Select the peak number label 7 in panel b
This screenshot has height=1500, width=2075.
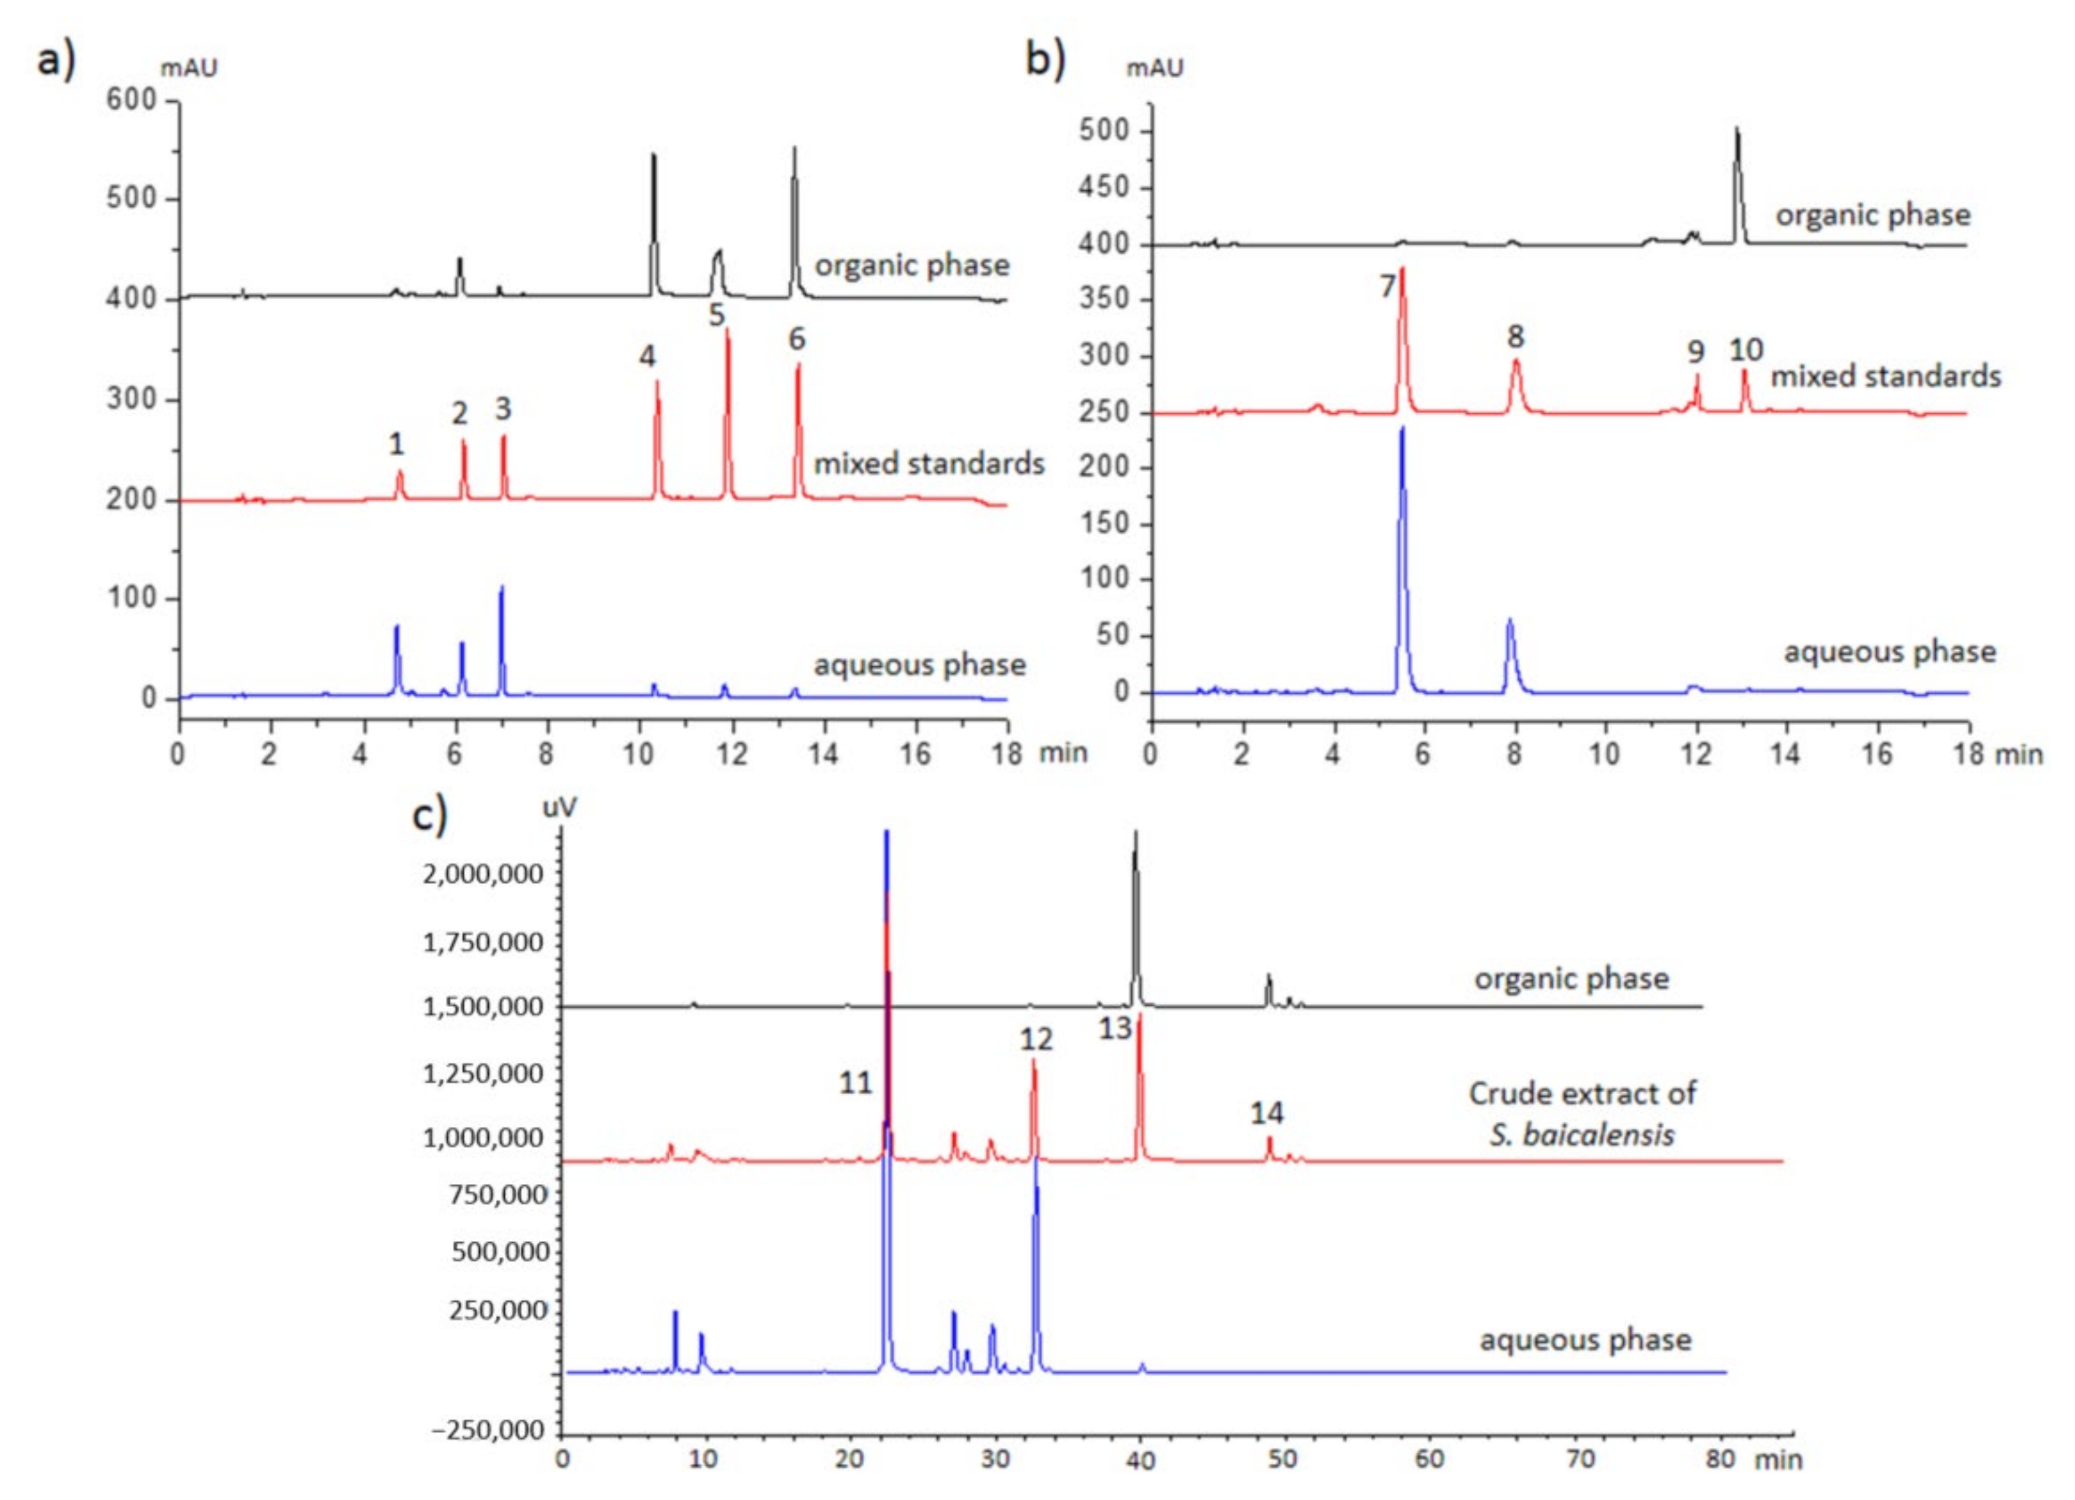tap(1387, 287)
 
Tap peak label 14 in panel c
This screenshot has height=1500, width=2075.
tap(1267, 1113)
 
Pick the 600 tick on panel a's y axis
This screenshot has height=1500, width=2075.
tap(131, 100)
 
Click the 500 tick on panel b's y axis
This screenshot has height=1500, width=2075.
tap(1104, 131)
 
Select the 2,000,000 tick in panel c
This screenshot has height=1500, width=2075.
tap(482, 874)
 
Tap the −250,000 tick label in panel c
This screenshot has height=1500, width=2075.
tap(488, 1430)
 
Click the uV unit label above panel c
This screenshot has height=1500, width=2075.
tap(560, 807)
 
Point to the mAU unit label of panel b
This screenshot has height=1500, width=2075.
tap(1155, 68)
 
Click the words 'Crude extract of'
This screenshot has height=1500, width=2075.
tap(1582, 1093)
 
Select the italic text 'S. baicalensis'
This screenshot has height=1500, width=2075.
tap(1582, 1135)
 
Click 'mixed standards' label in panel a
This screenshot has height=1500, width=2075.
tap(928, 463)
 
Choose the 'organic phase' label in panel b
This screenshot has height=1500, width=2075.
tap(1873, 215)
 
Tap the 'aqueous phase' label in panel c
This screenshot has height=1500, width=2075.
tap(1586, 1340)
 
